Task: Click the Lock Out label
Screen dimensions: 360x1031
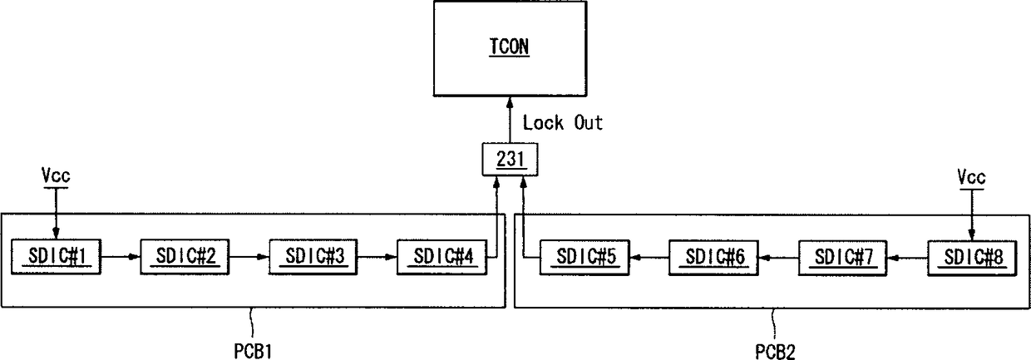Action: click(563, 124)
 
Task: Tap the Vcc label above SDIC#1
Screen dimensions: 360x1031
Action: click(55, 176)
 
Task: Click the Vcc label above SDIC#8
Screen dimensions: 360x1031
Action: click(970, 176)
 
